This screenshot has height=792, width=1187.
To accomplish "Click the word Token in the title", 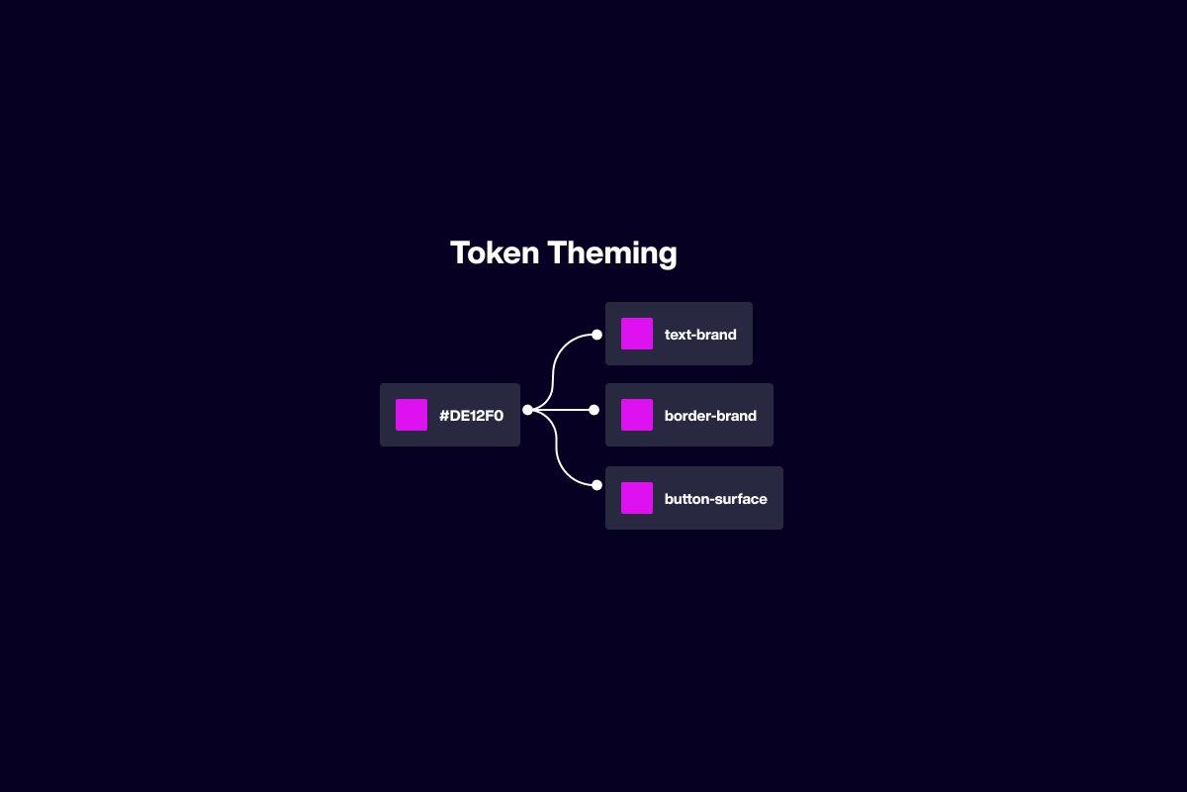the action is pyautogui.click(x=495, y=252).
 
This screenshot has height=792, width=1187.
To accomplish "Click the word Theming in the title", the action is pyautogui.click(x=612, y=253).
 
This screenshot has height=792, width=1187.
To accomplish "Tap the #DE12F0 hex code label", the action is pyautogui.click(x=471, y=416).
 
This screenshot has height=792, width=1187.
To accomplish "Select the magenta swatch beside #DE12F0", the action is pyautogui.click(x=411, y=415).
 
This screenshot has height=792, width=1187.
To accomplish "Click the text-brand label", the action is pyautogui.click(x=700, y=335).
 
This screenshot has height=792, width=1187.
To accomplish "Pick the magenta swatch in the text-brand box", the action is pyautogui.click(x=637, y=334).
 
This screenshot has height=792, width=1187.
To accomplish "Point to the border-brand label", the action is pyautogui.click(x=710, y=416).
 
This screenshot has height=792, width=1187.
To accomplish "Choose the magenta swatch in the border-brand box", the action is pyautogui.click(x=637, y=415).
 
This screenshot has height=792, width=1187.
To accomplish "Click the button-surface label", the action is pyautogui.click(x=715, y=499).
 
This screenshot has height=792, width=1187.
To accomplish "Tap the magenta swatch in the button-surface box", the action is pyautogui.click(x=637, y=498).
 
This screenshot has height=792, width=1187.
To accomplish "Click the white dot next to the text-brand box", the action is pyautogui.click(x=596, y=335).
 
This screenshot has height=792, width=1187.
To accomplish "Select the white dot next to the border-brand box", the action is pyautogui.click(x=594, y=410).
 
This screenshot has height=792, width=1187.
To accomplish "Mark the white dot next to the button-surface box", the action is pyautogui.click(x=596, y=485).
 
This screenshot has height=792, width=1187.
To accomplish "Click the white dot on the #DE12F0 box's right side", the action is pyautogui.click(x=527, y=410).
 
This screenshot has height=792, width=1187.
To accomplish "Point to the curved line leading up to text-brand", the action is pyautogui.click(x=553, y=371).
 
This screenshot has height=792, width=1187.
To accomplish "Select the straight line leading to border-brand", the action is pyautogui.click(x=561, y=410).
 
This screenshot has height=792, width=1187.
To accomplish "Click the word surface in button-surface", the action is pyautogui.click(x=741, y=499).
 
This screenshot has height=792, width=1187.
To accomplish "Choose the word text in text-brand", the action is pyautogui.click(x=677, y=335).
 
